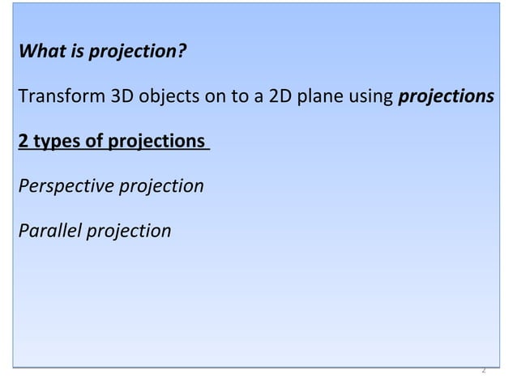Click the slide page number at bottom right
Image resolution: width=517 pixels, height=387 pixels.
click(x=483, y=369)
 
